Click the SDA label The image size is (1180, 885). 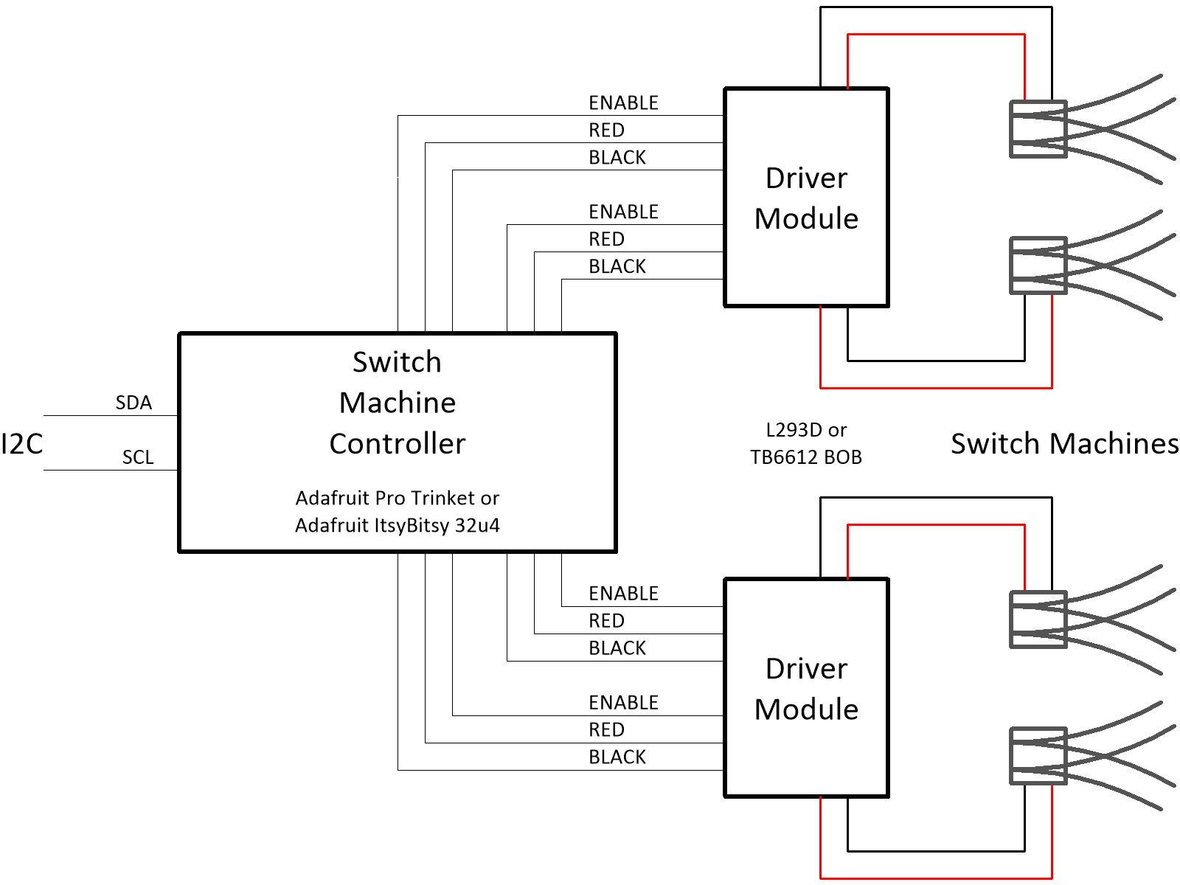(133, 403)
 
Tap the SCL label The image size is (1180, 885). (138, 457)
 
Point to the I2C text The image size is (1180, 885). (22, 444)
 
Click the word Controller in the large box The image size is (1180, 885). (398, 444)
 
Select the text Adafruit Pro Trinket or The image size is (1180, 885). (398, 498)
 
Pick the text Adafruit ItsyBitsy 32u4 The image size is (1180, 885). (398, 525)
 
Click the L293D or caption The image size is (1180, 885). (806, 430)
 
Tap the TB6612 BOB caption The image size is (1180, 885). (806, 457)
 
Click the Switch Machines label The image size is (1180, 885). (1064, 444)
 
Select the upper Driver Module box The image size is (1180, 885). (807, 198)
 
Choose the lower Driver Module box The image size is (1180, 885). (807, 688)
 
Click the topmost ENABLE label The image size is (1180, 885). (623, 103)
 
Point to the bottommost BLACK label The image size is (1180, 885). (617, 757)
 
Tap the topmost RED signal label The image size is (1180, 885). (606, 130)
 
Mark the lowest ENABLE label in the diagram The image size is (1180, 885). (623, 702)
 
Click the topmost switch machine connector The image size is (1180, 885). (1038, 129)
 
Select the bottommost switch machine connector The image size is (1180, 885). (1038, 756)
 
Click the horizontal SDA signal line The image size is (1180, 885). (111, 415)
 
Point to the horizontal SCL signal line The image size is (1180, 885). (111, 470)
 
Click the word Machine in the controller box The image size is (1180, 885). (398, 403)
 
